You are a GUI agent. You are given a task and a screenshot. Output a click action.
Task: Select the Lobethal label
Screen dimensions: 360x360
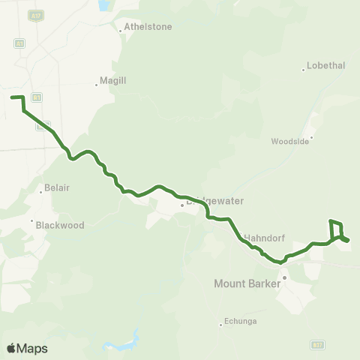327,65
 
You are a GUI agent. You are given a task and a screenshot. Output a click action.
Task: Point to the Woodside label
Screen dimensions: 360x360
289,140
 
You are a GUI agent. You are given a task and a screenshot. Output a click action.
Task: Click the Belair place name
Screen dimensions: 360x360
56,187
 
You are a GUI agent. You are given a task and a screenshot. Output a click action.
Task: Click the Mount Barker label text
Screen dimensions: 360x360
247,283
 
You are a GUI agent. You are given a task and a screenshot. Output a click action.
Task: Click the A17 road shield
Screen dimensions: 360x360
35,15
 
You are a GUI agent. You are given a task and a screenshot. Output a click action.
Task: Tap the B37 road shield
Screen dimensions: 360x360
318,344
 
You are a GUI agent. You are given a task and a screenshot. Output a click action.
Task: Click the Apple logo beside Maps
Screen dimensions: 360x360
11,348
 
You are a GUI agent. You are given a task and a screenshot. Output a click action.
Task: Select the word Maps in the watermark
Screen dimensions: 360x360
32,348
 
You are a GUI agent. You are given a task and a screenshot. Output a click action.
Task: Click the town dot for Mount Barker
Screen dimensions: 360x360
284,277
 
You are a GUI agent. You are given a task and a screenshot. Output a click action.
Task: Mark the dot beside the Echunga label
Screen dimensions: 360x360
220,324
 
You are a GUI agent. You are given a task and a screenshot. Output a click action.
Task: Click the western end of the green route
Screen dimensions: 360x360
11,97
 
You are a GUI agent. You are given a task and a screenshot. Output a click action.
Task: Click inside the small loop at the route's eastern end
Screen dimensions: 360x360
337,230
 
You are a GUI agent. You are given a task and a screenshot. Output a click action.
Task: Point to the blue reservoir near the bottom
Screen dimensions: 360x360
119,346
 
